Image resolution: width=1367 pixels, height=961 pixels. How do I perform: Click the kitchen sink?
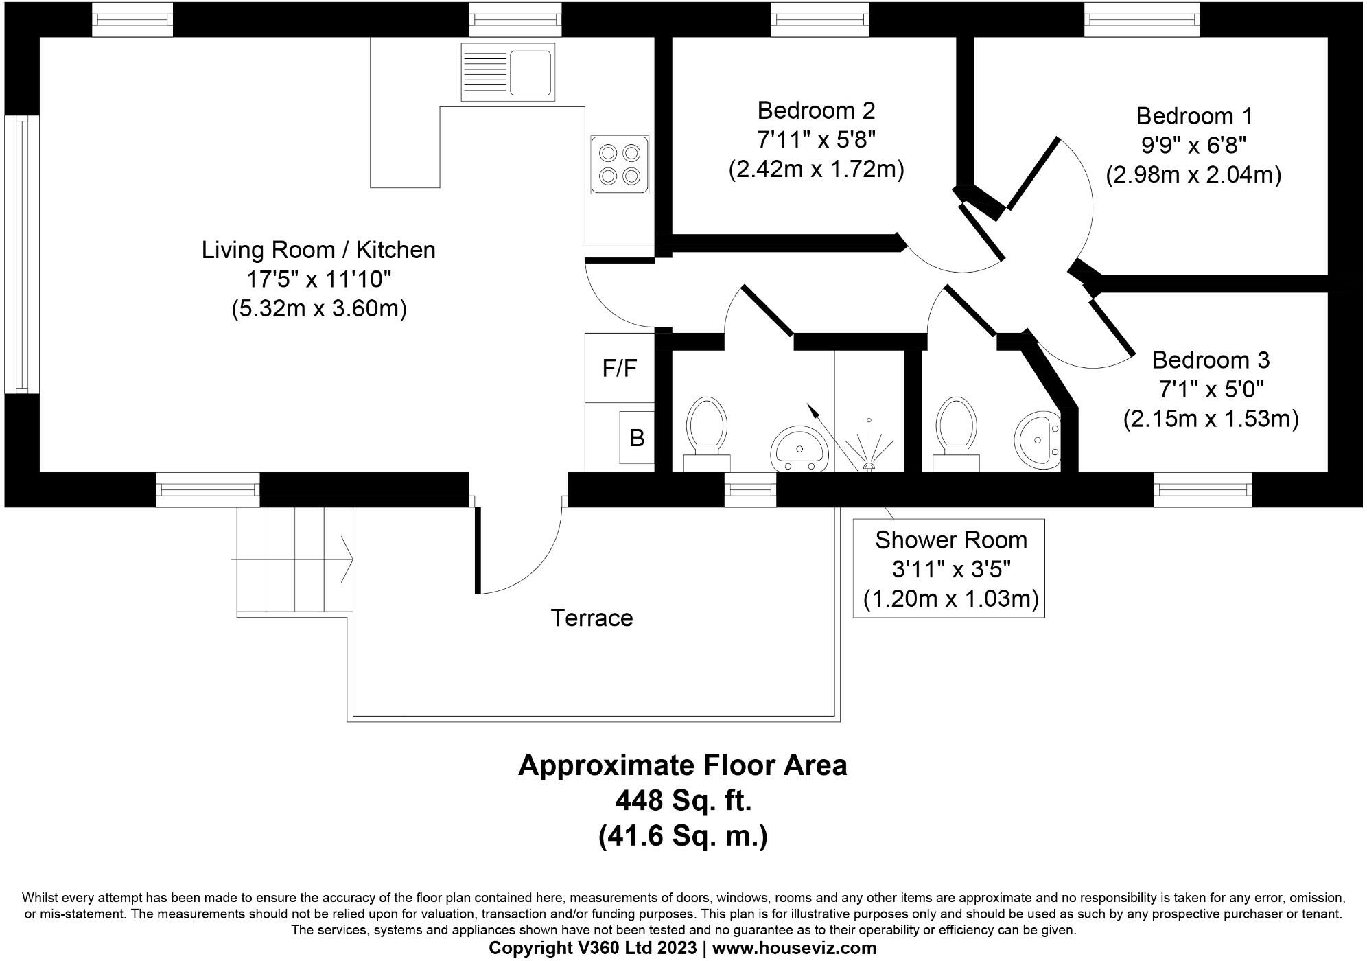507,71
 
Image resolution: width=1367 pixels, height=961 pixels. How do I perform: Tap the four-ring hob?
619,165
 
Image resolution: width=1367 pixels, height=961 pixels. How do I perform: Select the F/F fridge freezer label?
619,369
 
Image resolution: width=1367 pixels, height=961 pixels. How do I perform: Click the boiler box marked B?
637,437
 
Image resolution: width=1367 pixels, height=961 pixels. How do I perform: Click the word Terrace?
592,618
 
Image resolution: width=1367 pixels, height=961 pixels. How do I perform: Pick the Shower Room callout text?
950,569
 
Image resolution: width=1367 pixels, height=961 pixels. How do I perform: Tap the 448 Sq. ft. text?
683,800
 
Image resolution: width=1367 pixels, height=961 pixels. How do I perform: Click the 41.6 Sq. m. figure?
683,836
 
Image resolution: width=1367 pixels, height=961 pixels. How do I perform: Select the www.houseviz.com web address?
795,949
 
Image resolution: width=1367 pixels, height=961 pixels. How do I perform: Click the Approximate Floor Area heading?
683,765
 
